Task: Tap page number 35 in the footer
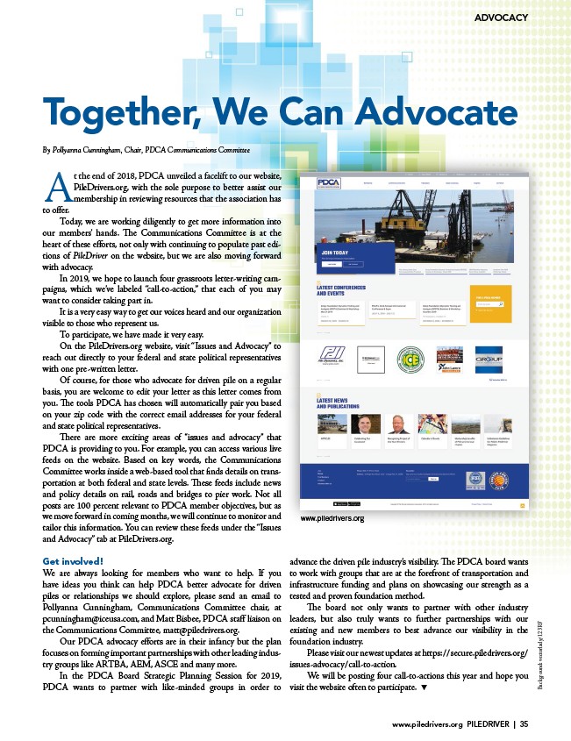point(524,724)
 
